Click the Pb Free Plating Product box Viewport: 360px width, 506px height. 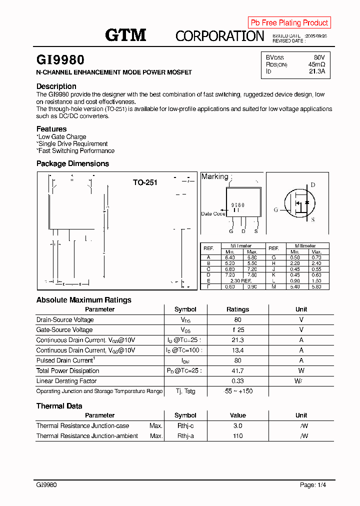click(289, 22)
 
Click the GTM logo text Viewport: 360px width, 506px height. click(125, 35)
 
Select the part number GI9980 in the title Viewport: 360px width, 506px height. click(60, 60)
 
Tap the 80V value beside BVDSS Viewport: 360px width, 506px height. click(319, 57)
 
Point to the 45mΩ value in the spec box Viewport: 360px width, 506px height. click(316, 64)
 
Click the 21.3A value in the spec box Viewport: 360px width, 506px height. click(317, 71)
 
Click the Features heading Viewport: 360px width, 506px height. click(51, 129)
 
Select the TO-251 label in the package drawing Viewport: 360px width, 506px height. click(145, 182)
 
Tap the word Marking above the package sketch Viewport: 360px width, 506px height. click(214, 176)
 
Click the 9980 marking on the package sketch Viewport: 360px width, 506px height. click(238, 205)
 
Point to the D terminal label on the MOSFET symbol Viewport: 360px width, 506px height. click(313, 185)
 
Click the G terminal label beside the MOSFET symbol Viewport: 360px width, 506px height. click(275, 210)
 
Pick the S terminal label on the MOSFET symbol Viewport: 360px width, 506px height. click(313, 219)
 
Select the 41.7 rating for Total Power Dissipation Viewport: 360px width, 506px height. click(237, 371)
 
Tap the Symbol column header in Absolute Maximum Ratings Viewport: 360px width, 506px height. click(185, 309)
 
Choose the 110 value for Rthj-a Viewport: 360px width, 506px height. click(237, 436)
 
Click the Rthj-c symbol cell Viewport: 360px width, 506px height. click(185, 426)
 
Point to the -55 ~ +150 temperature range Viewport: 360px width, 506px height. click(237, 391)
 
